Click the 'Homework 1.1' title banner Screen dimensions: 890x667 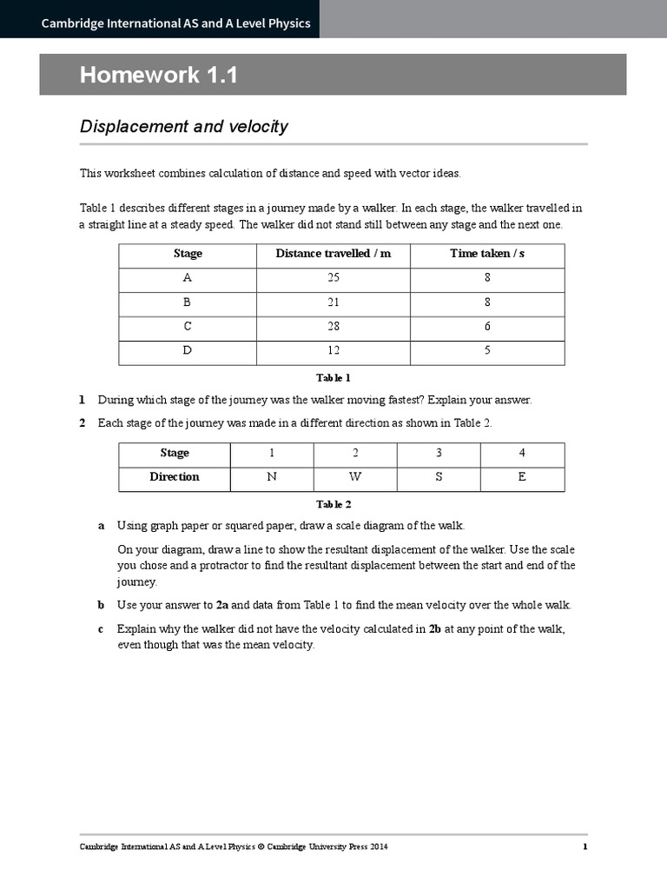tap(159, 76)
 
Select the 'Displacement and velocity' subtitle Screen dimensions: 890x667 tap(184, 127)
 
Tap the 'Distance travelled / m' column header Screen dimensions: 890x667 tap(333, 254)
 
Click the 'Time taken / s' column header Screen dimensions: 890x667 tap(487, 254)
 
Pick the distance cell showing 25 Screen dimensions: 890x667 tap(333, 278)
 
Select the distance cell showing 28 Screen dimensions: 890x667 tap(333, 327)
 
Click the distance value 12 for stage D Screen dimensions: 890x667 tap(333, 351)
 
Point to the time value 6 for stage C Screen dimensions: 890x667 tap(487, 327)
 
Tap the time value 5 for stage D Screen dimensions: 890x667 tap(487, 351)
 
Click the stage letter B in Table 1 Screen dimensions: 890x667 tap(188, 302)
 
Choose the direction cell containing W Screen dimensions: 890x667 tap(355, 477)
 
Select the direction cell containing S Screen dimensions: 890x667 tap(439, 477)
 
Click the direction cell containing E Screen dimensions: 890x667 tap(522, 477)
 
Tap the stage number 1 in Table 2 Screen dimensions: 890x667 tap(272, 453)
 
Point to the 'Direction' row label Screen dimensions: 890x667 tap(175, 477)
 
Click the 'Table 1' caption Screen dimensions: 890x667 tap(333, 378)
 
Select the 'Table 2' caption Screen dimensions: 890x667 tap(333, 504)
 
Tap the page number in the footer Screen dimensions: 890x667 tap(584, 847)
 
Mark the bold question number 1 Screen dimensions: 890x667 tap(83, 401)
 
